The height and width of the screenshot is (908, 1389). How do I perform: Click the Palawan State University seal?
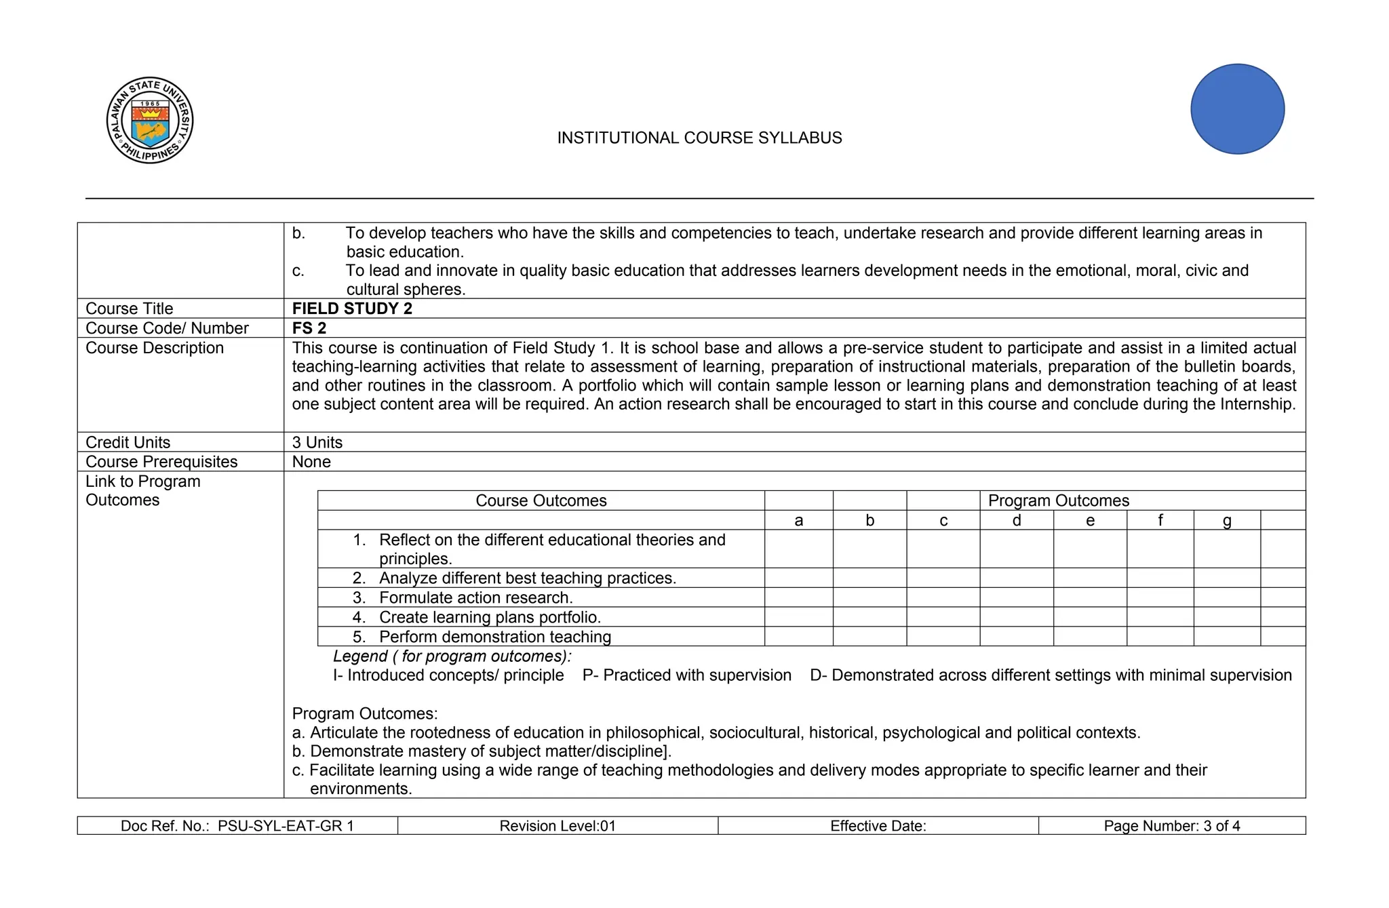coord(150,120)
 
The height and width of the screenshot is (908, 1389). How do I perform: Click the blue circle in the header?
coord(1237,109)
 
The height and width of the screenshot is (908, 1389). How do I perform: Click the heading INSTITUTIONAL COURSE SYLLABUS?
coord(699,138)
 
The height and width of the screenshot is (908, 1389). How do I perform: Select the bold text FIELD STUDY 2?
coord(352,309)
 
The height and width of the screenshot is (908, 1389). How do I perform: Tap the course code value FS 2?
coord(309,328)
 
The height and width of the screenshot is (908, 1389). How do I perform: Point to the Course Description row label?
coord(155,348)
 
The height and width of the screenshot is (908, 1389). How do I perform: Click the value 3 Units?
coord(317,442)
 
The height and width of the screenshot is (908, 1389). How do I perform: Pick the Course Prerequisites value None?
coord(311,462)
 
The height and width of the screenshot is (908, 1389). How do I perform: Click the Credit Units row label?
coord(128,442)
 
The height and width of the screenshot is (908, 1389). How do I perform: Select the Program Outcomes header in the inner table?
coord(1058,500)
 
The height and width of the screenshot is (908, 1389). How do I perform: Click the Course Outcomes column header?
coord(541,500)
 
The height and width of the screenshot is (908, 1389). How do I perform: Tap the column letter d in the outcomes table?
coord(1016,520)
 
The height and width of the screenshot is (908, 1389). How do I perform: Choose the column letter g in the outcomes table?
coord(1226,520)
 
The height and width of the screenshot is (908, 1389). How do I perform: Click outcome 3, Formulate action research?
coord(475,597)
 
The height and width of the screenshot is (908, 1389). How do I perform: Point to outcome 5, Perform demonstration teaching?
coord(494,637)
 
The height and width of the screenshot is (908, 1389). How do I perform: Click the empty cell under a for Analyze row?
coord(798,578)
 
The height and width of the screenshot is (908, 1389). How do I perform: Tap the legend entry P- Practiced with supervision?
coord(686,675)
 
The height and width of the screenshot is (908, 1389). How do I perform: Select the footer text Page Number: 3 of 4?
coord(1171,826)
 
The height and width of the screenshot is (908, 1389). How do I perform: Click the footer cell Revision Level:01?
coord(557,826)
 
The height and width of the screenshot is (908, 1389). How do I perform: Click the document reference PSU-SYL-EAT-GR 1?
coord(286,826)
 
